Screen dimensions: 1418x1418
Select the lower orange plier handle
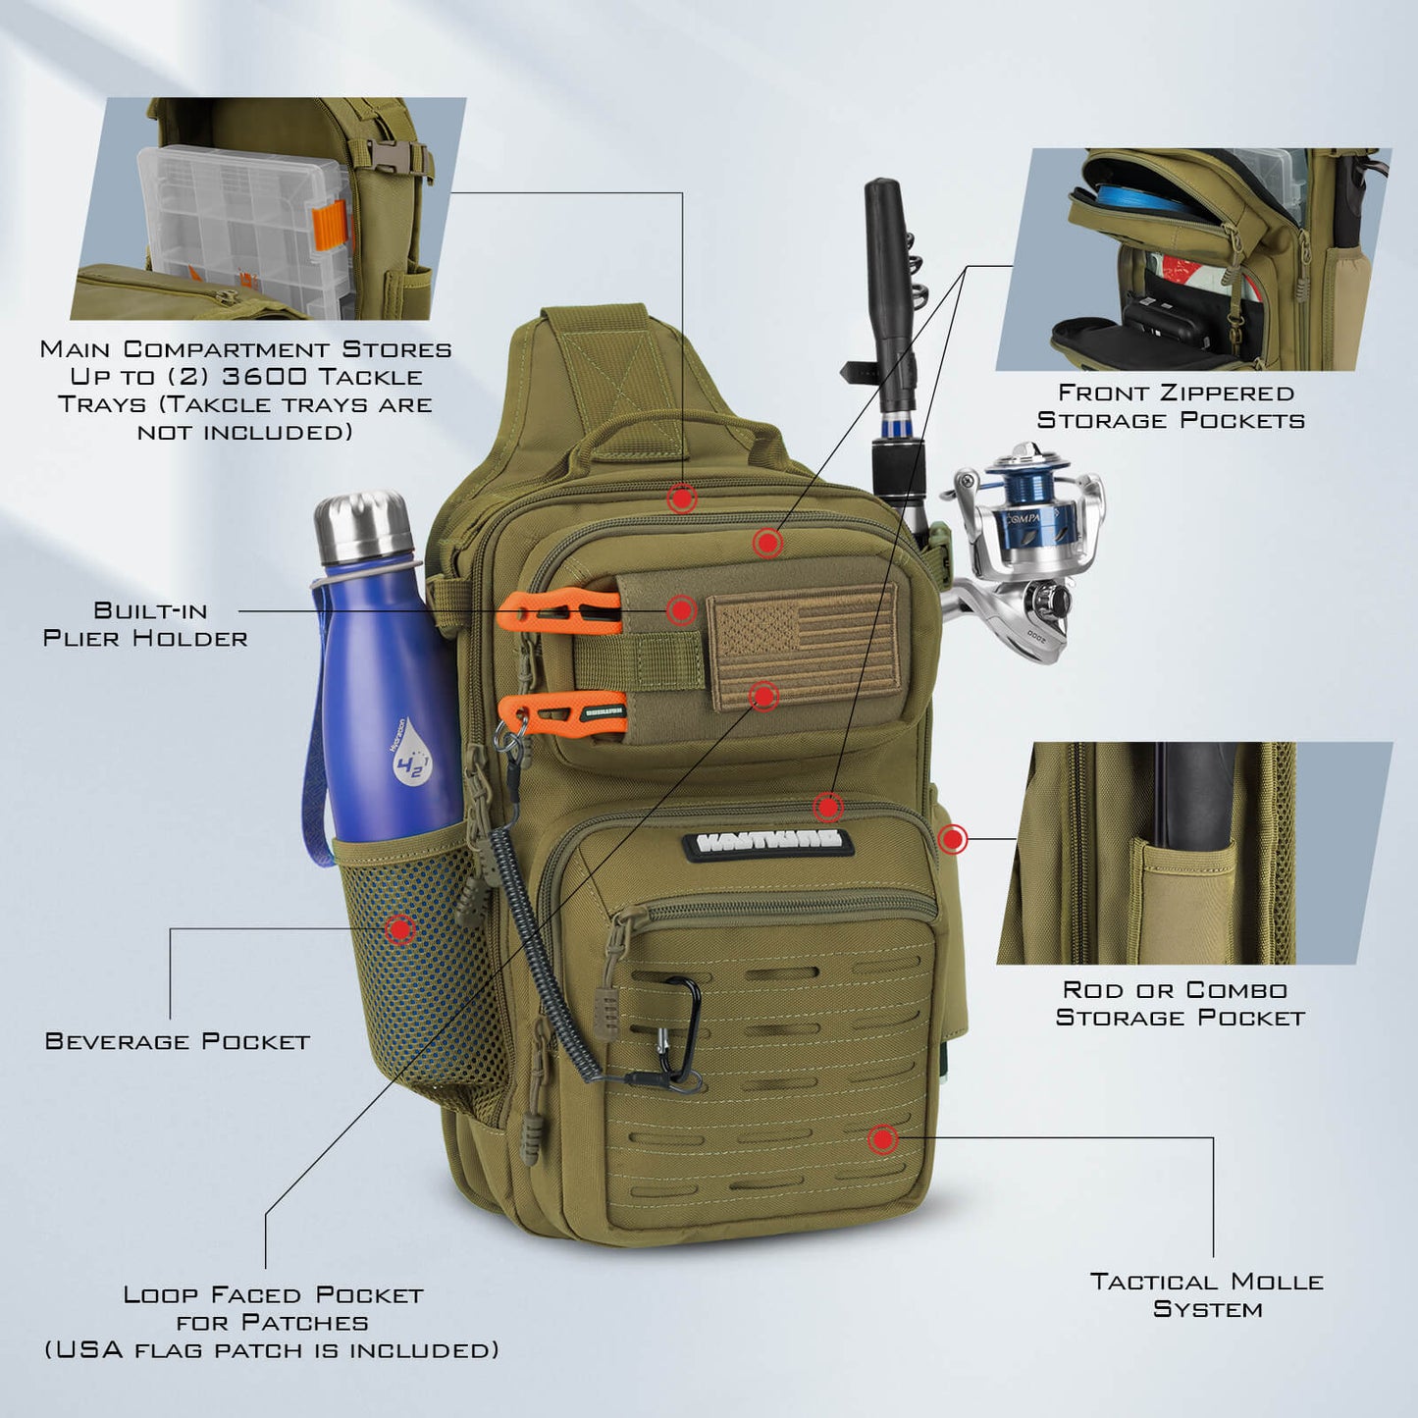pos(561,714)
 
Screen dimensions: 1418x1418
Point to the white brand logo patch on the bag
pos(767,841)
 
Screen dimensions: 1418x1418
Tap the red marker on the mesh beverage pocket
pos(399,929)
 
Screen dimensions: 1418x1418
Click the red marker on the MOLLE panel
pos(882,1138)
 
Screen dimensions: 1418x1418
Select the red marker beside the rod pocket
pos(952,839)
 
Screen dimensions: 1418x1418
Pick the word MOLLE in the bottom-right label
pos(1277,1282)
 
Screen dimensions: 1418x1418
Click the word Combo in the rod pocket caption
pos(1234,990)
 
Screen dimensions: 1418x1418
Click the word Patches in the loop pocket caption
pos(305,1323)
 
